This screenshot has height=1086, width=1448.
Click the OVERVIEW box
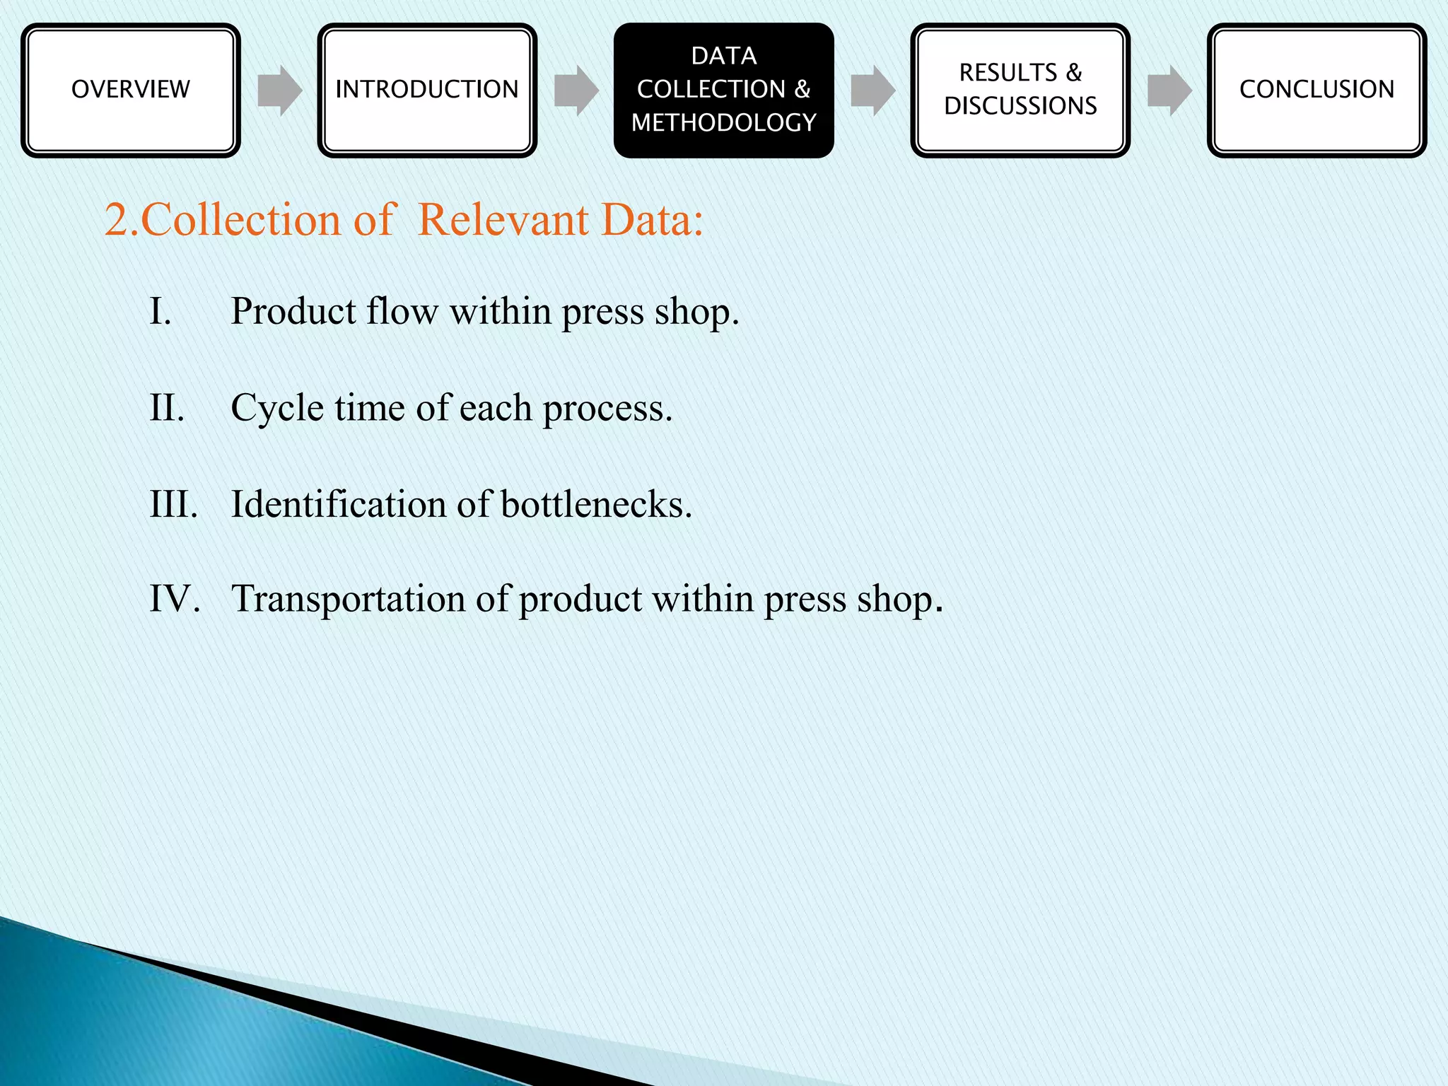[131, 90]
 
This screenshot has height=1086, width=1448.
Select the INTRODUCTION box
[427, 90]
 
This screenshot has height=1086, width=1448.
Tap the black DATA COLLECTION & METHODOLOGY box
[723, 90]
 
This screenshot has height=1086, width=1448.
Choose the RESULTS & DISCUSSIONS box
[1020, 90]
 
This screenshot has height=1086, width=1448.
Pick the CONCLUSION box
[1316, 90]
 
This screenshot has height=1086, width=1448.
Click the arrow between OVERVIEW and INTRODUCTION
[279, 90]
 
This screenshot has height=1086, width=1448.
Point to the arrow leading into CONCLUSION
[1169, 90]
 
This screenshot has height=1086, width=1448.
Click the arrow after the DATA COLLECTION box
[872, 90]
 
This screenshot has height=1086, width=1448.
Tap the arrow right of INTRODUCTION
[576, 90]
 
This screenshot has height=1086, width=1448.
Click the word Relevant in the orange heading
[503, 220]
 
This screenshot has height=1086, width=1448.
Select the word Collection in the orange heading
[241, 220]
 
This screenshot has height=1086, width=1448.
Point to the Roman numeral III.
[173, 505]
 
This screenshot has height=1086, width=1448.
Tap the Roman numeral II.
[167, 409]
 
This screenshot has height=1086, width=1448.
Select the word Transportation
[348, 599]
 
